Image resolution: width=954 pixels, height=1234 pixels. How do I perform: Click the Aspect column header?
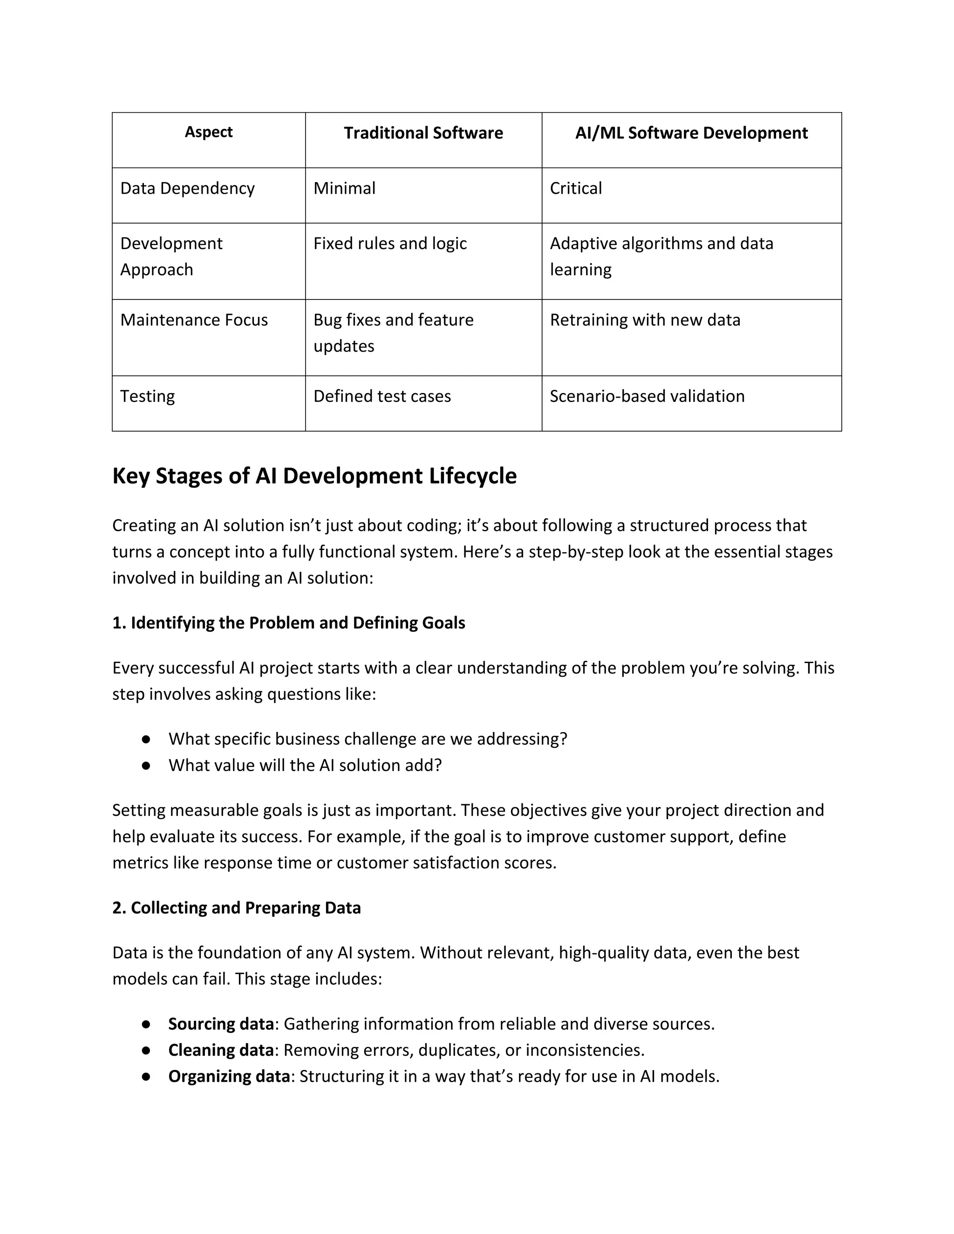click(x=209, y=132)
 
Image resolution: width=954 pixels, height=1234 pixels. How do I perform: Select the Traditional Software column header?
click(x=423, y=133)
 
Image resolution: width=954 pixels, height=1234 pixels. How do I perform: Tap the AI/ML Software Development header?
click(x=691, y=133)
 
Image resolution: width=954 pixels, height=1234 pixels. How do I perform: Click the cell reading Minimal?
click(x=344, y=188)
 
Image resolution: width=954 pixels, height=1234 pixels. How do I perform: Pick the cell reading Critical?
click(x=575, y=188)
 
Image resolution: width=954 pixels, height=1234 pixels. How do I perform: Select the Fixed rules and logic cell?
click(x=390, y=244)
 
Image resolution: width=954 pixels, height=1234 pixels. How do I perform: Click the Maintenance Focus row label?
click(x=194, y=320)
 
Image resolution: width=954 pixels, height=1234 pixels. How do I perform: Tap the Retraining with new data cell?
click(x=645, y=320)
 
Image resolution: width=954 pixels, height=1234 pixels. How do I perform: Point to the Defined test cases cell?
click(x=382, y=396)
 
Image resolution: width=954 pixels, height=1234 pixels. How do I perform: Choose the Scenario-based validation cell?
click(x=647, y=396)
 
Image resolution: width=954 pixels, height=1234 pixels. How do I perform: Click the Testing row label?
click(x=148, y=396)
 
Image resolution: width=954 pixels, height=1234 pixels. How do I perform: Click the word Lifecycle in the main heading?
click(x=472, y=476)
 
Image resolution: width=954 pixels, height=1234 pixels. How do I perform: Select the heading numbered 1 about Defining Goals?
click(x=289, y=623)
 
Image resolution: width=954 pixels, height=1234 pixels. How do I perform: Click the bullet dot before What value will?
click(x=146, y=766)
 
